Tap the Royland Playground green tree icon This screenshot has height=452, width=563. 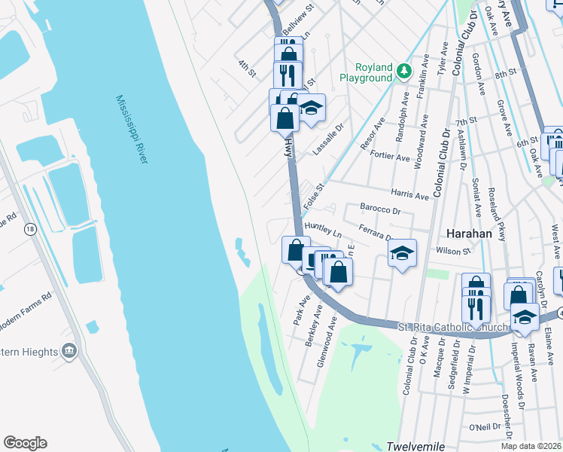point(404,72)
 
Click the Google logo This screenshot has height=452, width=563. point(25,443)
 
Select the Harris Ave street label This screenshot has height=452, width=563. point(409,195)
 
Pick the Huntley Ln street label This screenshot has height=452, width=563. point(322,229)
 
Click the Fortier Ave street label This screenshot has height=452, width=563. point(389,154)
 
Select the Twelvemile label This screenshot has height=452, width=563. point(412,446)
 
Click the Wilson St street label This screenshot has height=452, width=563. point(452,250)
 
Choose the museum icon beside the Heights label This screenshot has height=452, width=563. point(69,350)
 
